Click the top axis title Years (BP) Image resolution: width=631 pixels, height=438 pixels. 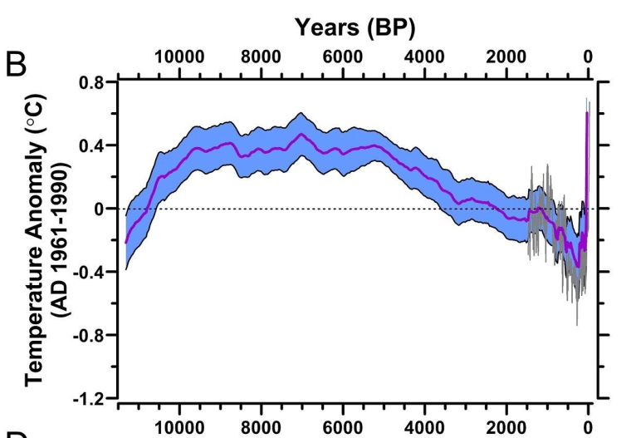[x=355, y=27]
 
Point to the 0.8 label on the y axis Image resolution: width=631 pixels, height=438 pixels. [x=92, y=83]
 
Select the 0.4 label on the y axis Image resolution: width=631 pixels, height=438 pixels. [x=92, y=145]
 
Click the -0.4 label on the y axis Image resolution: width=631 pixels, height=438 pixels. [x=90, y=272]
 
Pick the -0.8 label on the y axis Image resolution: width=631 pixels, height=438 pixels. [x=90, y=335]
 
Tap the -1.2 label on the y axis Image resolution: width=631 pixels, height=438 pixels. [x=90, y=398]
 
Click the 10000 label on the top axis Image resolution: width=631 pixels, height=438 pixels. [x=179, y=57]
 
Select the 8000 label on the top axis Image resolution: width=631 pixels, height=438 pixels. [x=261, y=57]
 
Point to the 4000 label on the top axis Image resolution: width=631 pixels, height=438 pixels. [x=424, y=57]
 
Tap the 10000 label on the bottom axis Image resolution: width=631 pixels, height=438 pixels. [x=179, y=426]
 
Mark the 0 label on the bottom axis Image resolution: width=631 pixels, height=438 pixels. [x=588, y=426]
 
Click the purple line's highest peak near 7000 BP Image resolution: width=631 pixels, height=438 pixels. [x=302, y=134]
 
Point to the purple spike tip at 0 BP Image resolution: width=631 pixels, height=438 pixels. [x=587, y=113]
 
